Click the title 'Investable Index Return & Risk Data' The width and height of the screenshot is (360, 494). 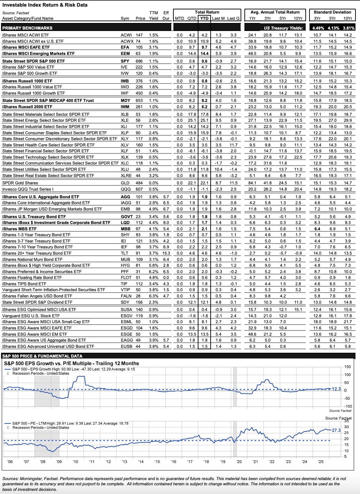coord(45,5)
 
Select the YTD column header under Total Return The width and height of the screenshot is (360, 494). coord(204,18)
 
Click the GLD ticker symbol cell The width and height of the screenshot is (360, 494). coord(125,183)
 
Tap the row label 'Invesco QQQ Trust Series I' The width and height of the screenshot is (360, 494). coord(28,189)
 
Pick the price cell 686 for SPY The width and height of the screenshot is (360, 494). coord(139,61)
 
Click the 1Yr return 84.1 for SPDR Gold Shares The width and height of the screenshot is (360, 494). coord(252,183)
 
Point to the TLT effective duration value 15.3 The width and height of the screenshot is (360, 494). coord(166,253)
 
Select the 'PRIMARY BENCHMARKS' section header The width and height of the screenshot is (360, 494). coord(27,28)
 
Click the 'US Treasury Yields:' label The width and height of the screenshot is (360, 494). coord(283,28)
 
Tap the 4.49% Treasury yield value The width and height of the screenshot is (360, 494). coord(318,28)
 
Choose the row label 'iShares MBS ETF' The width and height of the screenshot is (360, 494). coord(19,229)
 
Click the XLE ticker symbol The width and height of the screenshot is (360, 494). coord(125,120)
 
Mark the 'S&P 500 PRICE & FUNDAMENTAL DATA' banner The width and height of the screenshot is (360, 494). coord(42,356)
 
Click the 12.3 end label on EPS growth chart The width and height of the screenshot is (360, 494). coord(336,389)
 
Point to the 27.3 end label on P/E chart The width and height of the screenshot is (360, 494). coord(336,430)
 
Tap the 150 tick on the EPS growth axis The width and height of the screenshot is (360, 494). coord(347,367)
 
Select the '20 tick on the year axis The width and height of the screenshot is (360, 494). coord(239,462)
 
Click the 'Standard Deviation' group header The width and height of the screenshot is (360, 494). coord(332,12)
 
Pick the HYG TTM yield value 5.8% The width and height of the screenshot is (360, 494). coord(154,265)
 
